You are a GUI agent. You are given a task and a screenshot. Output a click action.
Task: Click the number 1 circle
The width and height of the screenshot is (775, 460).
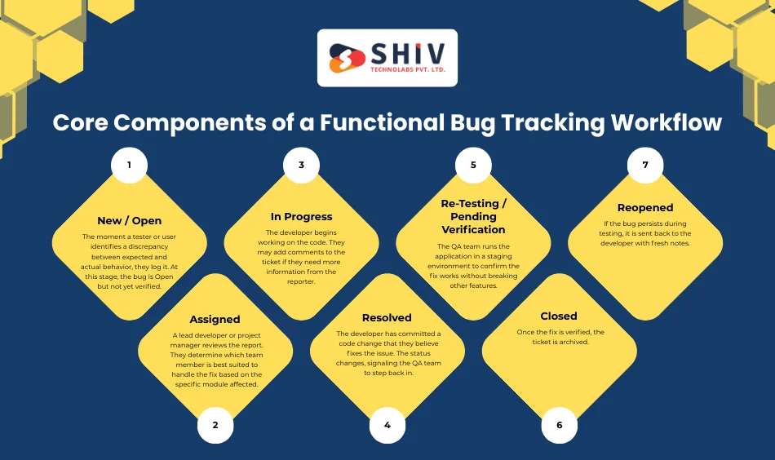coord(129,165)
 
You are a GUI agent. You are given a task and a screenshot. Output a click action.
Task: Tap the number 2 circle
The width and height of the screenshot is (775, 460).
coord(215,425)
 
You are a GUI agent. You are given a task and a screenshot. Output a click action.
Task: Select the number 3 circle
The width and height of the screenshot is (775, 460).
coord(301,165)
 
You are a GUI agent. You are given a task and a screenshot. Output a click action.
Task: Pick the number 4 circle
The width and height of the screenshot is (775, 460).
coord(387,425)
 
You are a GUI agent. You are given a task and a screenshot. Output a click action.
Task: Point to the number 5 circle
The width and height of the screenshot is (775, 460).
coord(473,165)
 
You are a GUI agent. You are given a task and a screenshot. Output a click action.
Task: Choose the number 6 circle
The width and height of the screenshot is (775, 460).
coord(560,425)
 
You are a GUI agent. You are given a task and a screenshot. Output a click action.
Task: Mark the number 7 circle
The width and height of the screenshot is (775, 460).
coord(645,165)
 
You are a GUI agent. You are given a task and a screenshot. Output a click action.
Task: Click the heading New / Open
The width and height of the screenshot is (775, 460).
coord(129,220)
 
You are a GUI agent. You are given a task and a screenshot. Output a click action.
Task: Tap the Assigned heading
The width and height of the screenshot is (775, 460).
coord(215,320)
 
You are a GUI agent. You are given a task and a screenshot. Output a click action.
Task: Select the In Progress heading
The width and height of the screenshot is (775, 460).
coord(301,217)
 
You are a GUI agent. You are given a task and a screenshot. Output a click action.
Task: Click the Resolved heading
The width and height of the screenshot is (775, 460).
coord(387,317)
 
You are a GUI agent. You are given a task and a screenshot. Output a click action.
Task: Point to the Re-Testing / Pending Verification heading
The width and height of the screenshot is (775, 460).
coord(473,216)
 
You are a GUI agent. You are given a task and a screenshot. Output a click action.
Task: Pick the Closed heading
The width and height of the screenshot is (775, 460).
coord(559,316)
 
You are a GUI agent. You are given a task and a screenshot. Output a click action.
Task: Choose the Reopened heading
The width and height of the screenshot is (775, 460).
coord(645,208)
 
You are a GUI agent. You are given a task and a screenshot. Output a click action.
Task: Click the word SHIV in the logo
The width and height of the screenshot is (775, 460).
coord(407,55)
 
